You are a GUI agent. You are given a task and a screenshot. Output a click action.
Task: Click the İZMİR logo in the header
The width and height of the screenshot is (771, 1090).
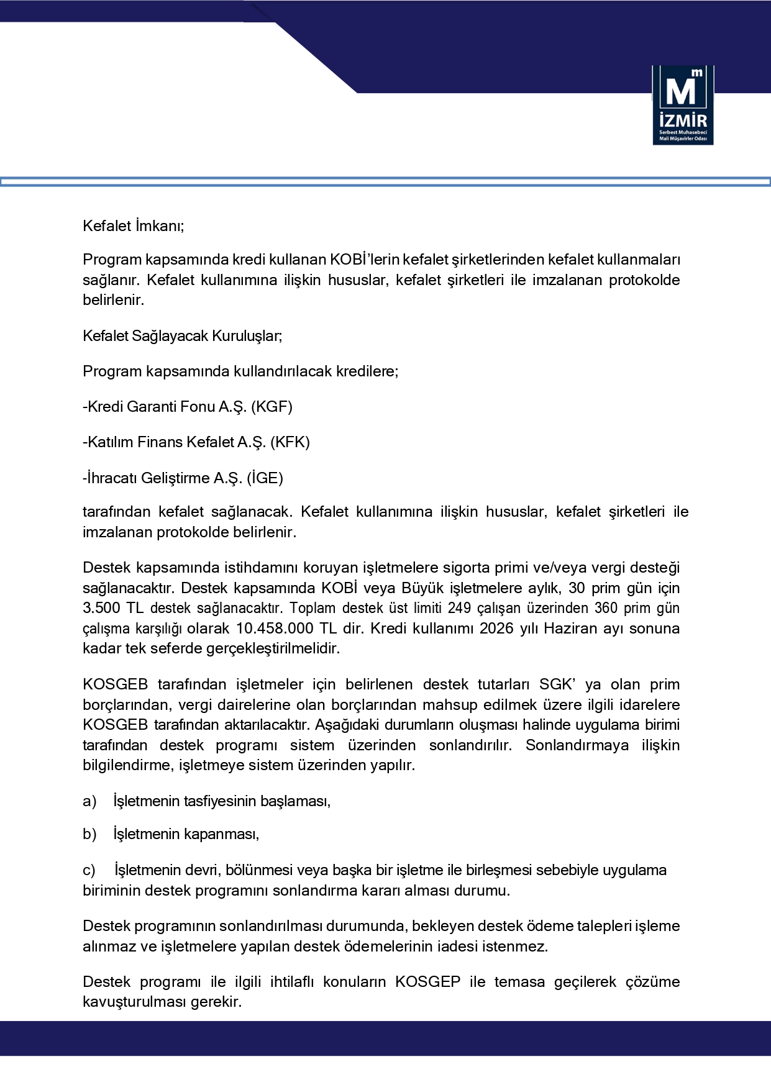pyautogui.click(x=683, y=105)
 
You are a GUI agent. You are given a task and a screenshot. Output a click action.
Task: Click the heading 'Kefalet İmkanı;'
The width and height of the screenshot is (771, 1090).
pyautogui.click(x=134, y=225)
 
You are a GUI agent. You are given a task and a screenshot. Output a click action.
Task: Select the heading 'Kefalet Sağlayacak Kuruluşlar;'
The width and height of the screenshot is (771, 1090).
pyautogui.click(x=182, y=336)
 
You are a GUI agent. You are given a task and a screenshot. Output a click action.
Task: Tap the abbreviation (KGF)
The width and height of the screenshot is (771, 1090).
pyautogui.click(x=271, y=407)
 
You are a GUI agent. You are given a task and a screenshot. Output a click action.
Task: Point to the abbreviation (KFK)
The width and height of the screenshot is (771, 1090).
pyautogui.click(x=290, y=442)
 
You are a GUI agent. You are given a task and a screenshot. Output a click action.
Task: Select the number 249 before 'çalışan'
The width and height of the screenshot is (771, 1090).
pyautogui.click(x=459, y=608)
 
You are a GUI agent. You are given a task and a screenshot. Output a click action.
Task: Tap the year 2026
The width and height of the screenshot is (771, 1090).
pyautogui.click(x=498, y=628)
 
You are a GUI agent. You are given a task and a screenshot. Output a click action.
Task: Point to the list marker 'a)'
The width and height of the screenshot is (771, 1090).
pyautogui.click(x=89, y=801)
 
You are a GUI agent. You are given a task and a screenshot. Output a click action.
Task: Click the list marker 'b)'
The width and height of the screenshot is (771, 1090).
pyautogui.click(x=89, y=834)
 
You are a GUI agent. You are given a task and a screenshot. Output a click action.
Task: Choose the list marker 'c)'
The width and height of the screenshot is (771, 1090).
pyautogui.click(x=89, y=870)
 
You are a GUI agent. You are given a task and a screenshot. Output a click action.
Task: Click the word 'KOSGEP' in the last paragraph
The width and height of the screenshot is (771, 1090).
pyautogui.click(x=428, y=982)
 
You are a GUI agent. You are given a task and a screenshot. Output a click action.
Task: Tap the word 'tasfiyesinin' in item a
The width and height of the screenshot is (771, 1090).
pyautogui.click(x=220, y=801)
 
